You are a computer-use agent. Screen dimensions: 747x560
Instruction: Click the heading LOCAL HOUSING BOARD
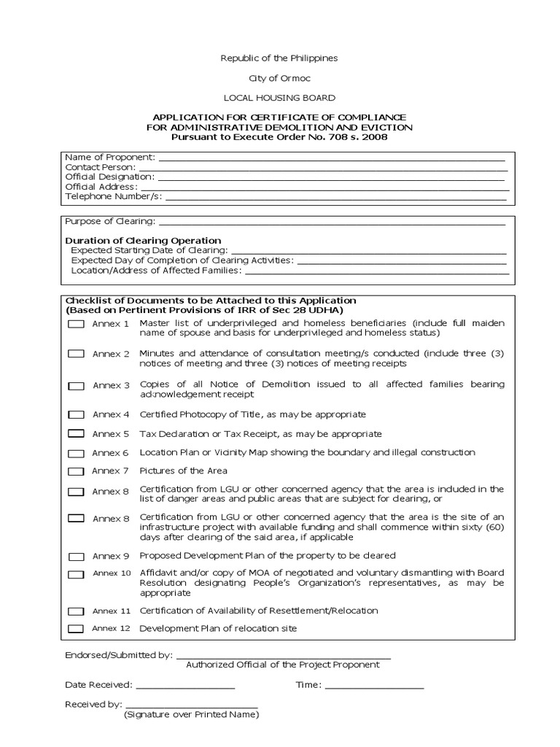pyautogui.click(x=279, y=98)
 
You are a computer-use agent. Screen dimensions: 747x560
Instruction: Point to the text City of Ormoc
pyautogui.click(x=279, y=78)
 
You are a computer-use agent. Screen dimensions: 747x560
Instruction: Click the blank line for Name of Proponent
pyautogui.click(x=331, y=158)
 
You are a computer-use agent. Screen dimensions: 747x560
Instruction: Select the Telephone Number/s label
pyautogui.click(x=113, y=196)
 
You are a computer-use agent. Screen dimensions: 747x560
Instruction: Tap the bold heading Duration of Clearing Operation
pyautogui.click(x=143, y=240)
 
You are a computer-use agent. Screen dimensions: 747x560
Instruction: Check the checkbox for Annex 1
pyautogui.click(x=76, y=324)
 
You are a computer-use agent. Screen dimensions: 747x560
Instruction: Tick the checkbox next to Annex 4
pyautogui.click(x=76, y=414)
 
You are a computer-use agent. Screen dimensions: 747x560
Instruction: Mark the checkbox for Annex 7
pyautogui.click(x=76, y=471)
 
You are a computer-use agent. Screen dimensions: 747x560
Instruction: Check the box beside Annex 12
pyautogui.click(x=76, y=629)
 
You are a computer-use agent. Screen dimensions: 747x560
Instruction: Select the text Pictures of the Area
pyautogui.click(x=183, y=471)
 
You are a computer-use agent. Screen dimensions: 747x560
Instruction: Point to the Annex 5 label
pyautogui.click(x=111, y=433)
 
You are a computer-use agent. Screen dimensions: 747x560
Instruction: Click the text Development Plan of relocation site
pyautogui.click(x=218, y=629)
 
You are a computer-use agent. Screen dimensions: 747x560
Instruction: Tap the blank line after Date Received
pyautogui.click(x=185, y=685)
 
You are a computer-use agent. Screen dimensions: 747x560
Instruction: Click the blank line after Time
pyautogui.click(x=374, y=685)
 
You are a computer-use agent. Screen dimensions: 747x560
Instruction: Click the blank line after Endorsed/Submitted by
pyautogui.click(x=284, y=655)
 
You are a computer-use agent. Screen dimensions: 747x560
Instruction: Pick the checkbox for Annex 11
pyautogui.click(x=76, y=611)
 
